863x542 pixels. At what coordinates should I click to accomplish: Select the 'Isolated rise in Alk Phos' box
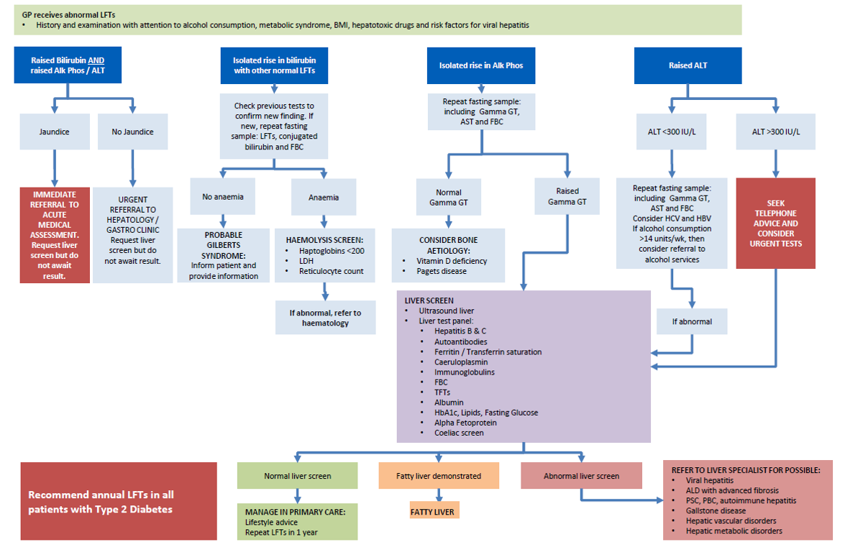click(481, 65)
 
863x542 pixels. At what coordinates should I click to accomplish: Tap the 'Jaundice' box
click(54, 132)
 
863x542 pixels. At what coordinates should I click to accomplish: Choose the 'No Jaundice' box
click(132, 132)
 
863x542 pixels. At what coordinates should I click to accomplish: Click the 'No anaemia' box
click(222, 197)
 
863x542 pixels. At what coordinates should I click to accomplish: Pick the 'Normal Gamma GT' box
click(449, 197)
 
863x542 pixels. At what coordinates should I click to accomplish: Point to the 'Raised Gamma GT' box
click(567, 197)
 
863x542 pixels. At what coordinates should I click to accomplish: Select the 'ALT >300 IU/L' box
click(775, 132)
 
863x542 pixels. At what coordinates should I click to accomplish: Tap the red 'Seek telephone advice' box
click(775, 224)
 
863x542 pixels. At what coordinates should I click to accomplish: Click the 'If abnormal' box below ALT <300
click(692, 321)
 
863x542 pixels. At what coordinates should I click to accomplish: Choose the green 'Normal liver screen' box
click(297, 476)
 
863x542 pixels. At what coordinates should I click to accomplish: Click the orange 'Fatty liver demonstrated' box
click(439, 476)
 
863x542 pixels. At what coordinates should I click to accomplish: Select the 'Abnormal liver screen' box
click(581, 476)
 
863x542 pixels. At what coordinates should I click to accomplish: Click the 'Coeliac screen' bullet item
click(459, 433)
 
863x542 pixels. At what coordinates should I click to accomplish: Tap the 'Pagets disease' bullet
click(442, 271)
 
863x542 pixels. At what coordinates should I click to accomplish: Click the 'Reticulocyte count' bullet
click(332, 271)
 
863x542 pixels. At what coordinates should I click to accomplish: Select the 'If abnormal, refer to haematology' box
click(325, 318)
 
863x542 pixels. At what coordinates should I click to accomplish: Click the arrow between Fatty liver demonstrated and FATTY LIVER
click(439, 495)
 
